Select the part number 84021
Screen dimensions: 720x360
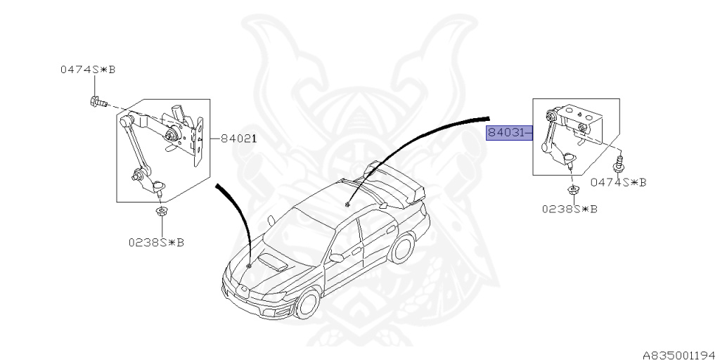tap(238, 139)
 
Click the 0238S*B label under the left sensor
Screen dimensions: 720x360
tap(155, 242)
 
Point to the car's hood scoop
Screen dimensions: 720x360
tap(271, 263)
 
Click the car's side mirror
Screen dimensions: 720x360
tap(336, 257)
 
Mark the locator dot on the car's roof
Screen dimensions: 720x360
tap(347, 205)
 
